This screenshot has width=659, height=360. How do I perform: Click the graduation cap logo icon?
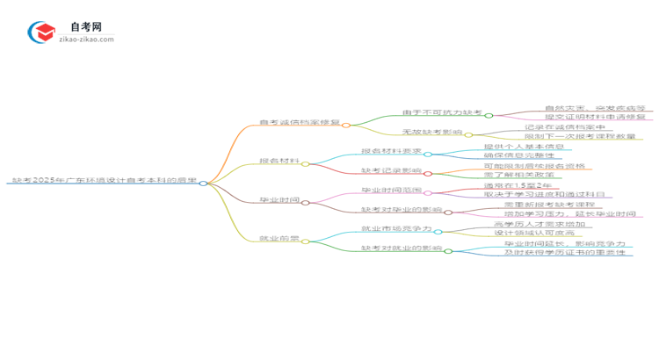click(x=42, y=32)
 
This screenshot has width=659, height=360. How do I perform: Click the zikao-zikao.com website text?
click(x=86, y=40)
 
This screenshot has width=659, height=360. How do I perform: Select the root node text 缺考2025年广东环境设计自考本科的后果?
click(x=104, y=182)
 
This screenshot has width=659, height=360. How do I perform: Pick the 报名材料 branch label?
click(x=279, y=162)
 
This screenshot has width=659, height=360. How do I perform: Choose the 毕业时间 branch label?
click(x=279, y=200)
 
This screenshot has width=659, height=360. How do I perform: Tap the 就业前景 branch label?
click(x=279, y=238)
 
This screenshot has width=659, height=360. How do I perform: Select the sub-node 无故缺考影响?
click(x=431, y=133)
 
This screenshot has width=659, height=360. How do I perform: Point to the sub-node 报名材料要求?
click(x=391, y=152)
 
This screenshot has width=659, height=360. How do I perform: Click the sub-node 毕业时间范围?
click(x=391, y=191)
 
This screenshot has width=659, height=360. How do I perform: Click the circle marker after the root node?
click(x=203, y=183)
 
